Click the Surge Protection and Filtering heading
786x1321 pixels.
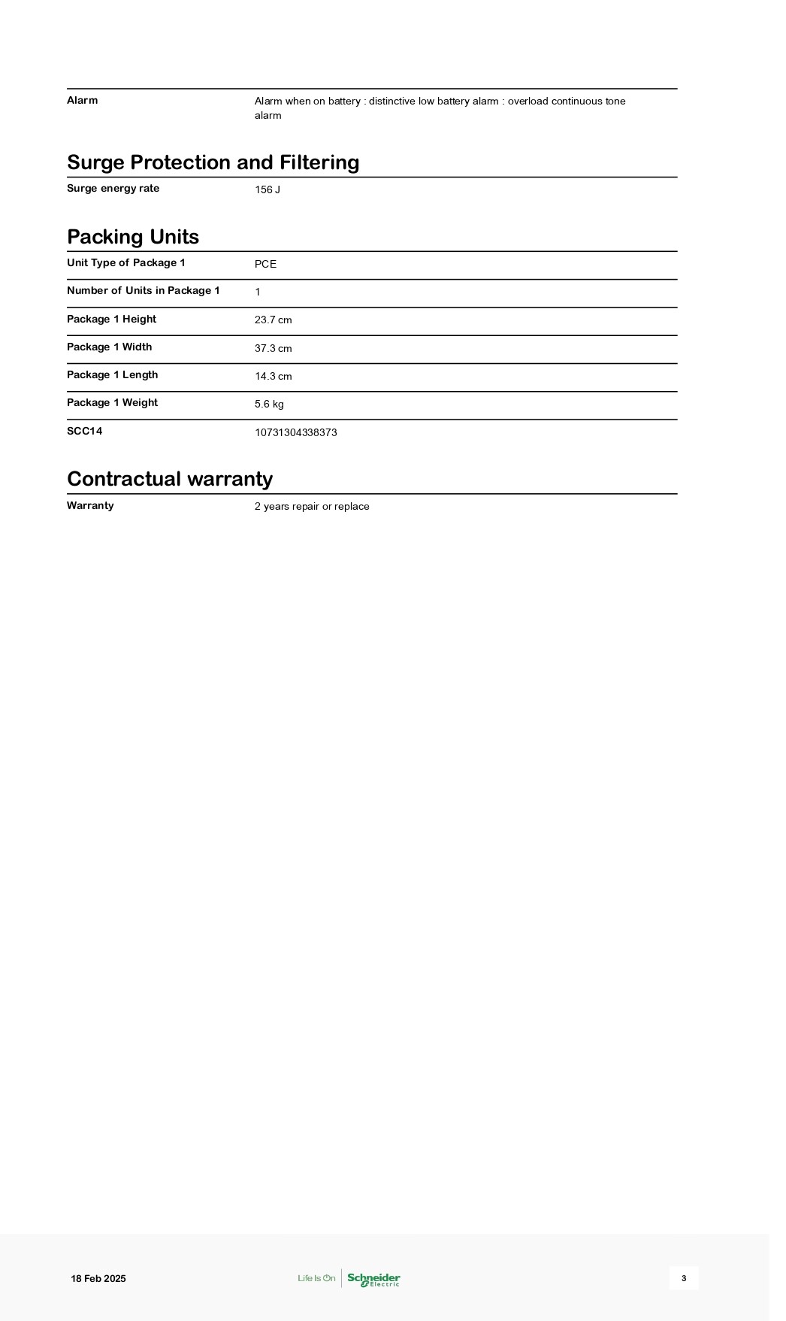tap(213, 162)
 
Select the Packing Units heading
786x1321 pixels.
tap(133, 237)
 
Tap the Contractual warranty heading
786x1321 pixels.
tap(170, 479)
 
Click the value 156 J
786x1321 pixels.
tap(268, 189)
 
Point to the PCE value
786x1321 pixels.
tap(265, 264)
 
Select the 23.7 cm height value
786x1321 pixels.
tap(273, 320)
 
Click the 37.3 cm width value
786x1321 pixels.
tap(273, 348)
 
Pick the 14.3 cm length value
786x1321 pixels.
tap(273, 376)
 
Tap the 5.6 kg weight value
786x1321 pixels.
tap(269, 404)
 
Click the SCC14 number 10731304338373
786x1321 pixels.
tap(295, 432)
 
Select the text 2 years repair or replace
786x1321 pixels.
tap(312, 507)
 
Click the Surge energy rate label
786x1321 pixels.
tap(113, 189)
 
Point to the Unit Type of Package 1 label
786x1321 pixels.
tap(125, 262)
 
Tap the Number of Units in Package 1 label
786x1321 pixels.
tap(143, 291)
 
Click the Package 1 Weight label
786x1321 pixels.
tap(112, 403)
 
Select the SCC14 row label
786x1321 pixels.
tap(84, 431)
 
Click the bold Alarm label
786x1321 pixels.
tap(82, 100)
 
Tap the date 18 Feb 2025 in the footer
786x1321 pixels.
tap(98, 1278)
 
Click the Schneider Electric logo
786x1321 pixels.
tap(373, 1278)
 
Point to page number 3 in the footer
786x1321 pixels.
tap(684, 1278)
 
